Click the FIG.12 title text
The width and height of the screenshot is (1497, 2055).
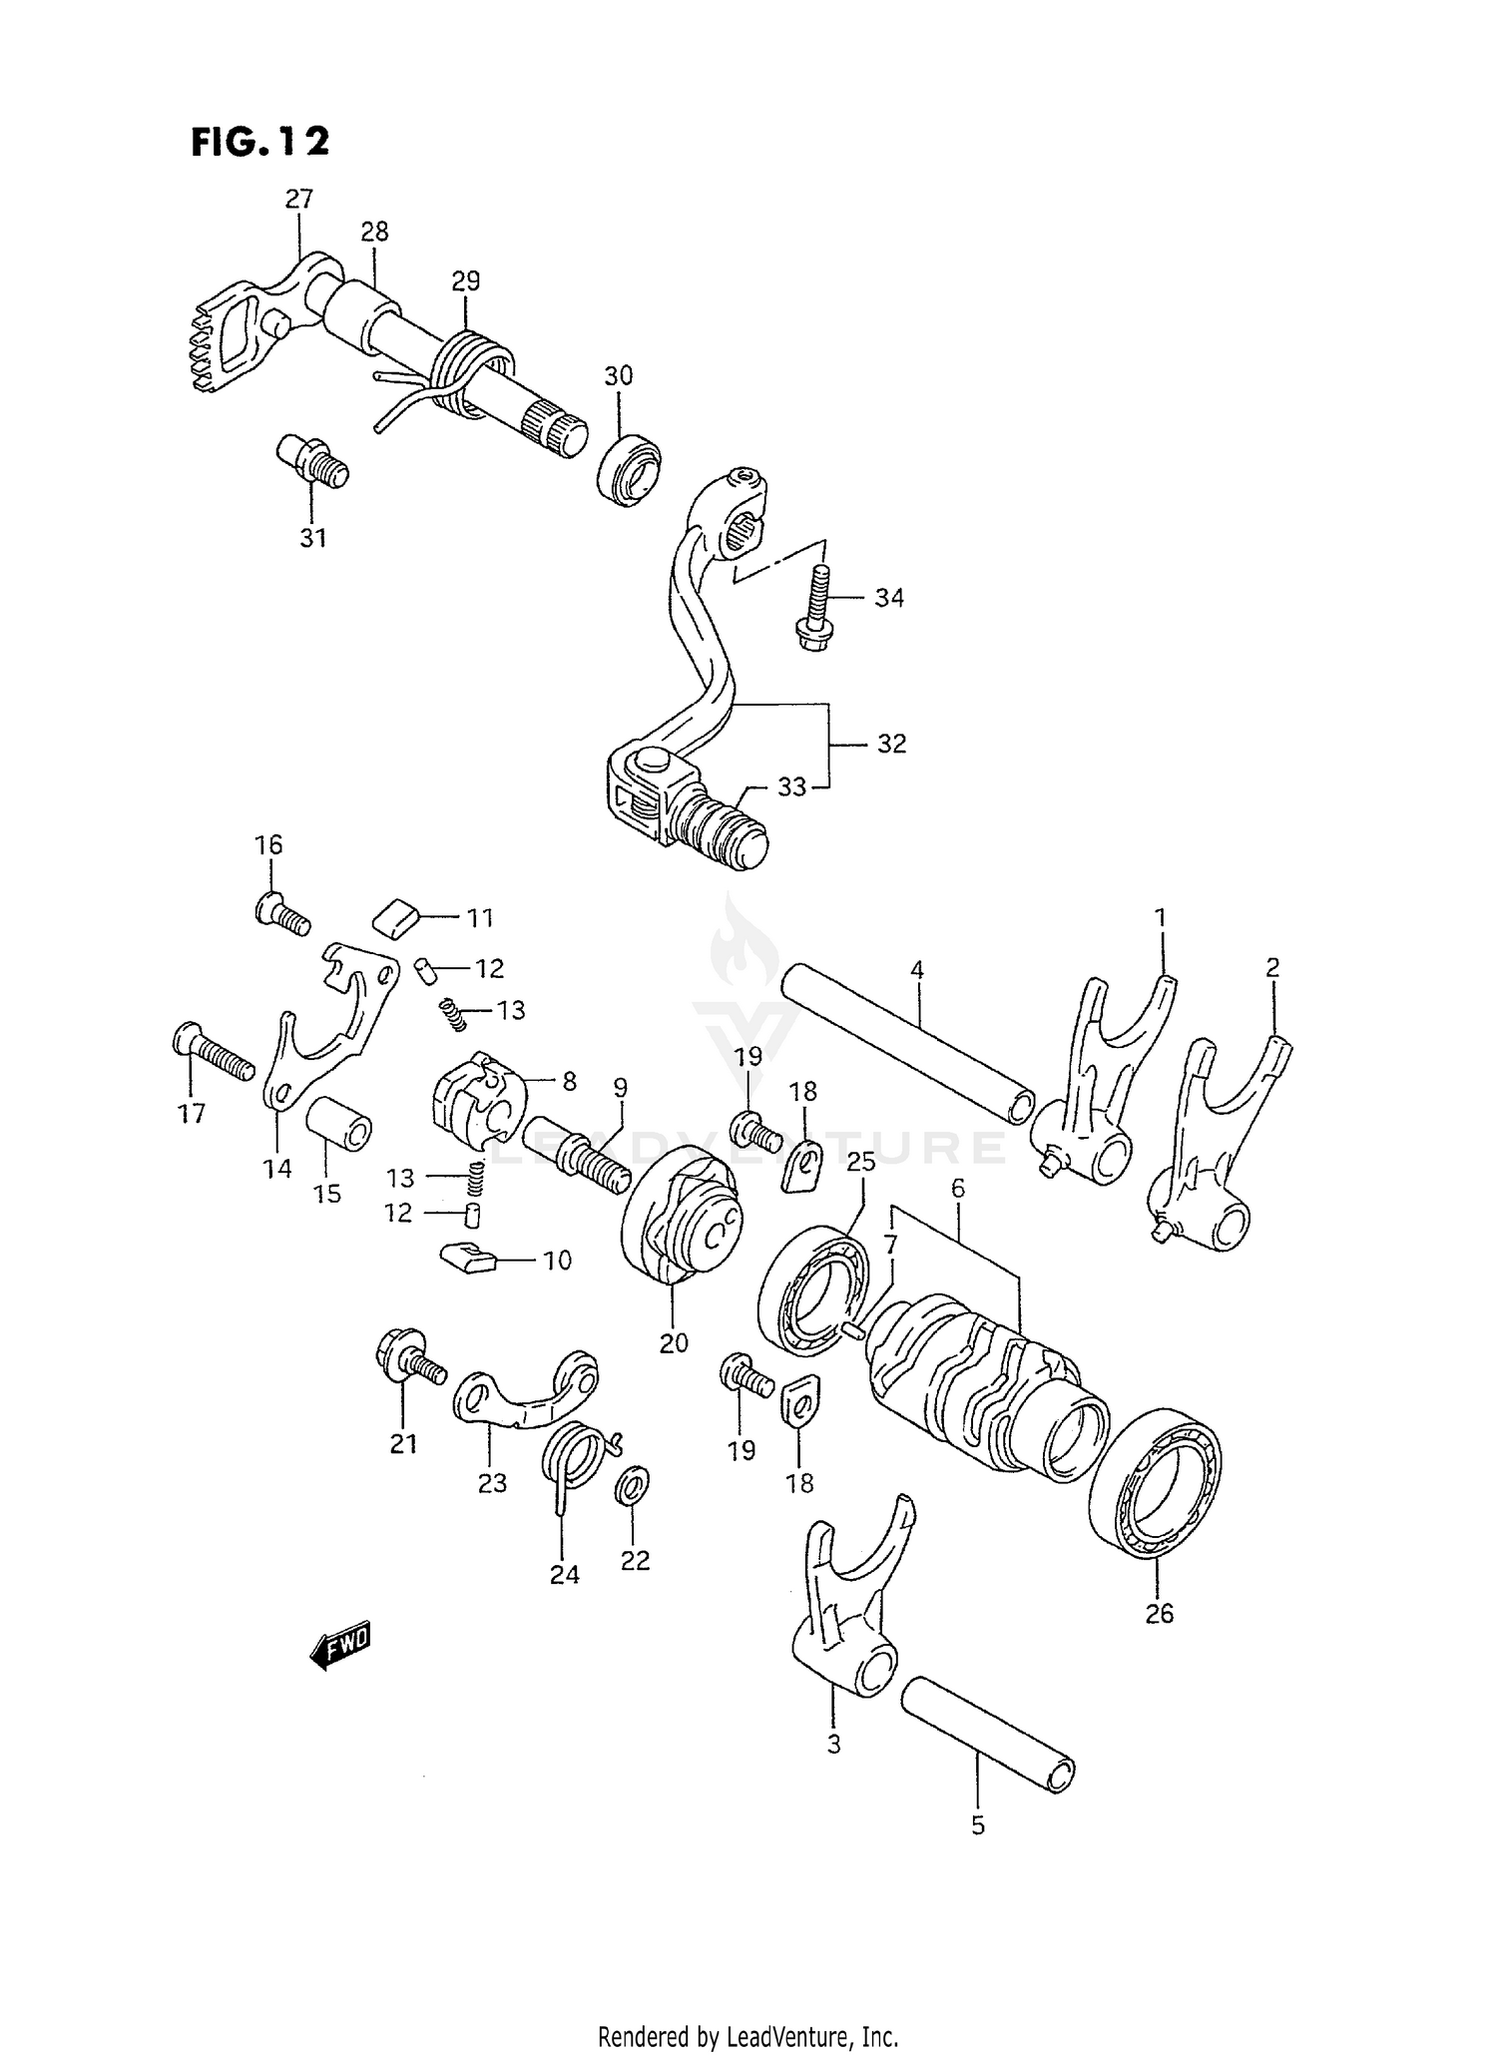(x=259, y=142)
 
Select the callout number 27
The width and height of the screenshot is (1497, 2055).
(x=298, y=199)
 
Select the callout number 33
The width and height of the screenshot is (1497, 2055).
(x=791, y=787)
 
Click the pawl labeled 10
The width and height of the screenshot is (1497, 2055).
(x=466, y=1258)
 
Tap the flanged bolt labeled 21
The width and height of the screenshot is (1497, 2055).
(x=407, y=1359)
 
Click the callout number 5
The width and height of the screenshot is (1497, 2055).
(x=977, y=1826)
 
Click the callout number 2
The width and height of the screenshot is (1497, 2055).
(x=1271, y=967)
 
